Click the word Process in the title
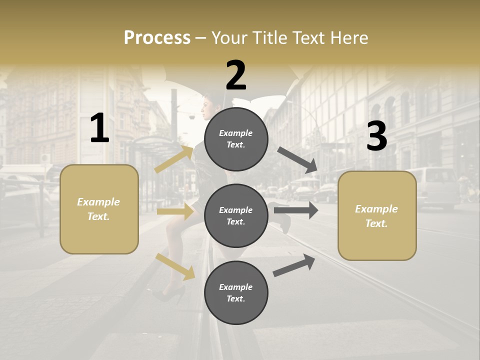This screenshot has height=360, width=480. (157, 38)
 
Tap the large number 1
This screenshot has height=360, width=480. (99, 128)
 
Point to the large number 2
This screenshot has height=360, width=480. (236, 75)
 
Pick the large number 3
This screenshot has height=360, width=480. (376, 136)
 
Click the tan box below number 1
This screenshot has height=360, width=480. (99, 209)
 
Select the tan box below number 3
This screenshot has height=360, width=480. (377, 215)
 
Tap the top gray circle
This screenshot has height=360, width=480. (236, 139)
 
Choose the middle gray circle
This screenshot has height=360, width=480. (236, 215)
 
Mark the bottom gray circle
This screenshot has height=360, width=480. (236, 292)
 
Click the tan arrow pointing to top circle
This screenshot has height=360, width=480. (173, 159)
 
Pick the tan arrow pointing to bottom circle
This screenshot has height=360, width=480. (175, 266)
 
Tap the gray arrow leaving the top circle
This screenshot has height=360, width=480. (297, 159)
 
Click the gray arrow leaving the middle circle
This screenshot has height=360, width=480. (296, 210)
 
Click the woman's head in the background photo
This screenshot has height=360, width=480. (206, 105)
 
